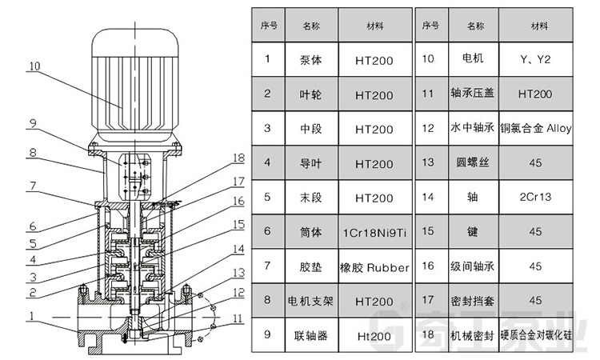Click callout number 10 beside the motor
click(33, 67)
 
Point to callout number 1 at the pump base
click(31, 316)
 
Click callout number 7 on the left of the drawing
click(33, 186)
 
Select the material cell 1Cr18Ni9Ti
click(374, 233)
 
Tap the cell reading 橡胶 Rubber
click(374, 267)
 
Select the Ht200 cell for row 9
click(374, 336)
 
